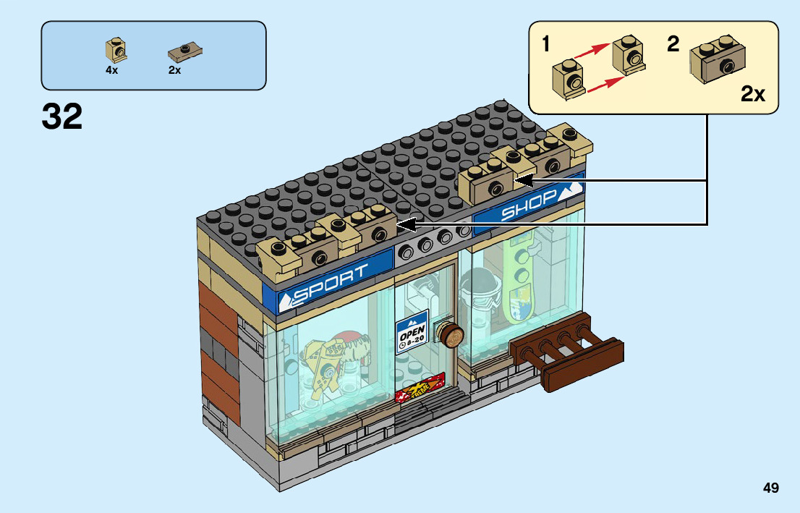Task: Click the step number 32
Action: pos(62,116)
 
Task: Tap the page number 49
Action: pos(770,488)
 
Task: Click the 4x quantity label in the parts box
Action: pos(111,71)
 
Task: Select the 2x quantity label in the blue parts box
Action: pos(174,71)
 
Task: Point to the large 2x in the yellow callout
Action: pos(753,94)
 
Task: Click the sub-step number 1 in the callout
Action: pos(546,45)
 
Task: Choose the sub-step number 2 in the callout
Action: pos(673,44)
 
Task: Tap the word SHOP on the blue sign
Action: pos(529,204)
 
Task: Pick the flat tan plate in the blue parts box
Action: pos(184,52)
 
